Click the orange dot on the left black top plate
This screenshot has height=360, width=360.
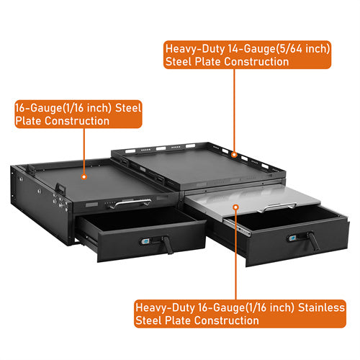tap(84, 175)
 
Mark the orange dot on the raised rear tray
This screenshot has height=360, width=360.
tap(235, 153)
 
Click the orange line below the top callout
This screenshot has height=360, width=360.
tap(235, 108)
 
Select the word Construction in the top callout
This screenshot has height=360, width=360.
tap(256, 63)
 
